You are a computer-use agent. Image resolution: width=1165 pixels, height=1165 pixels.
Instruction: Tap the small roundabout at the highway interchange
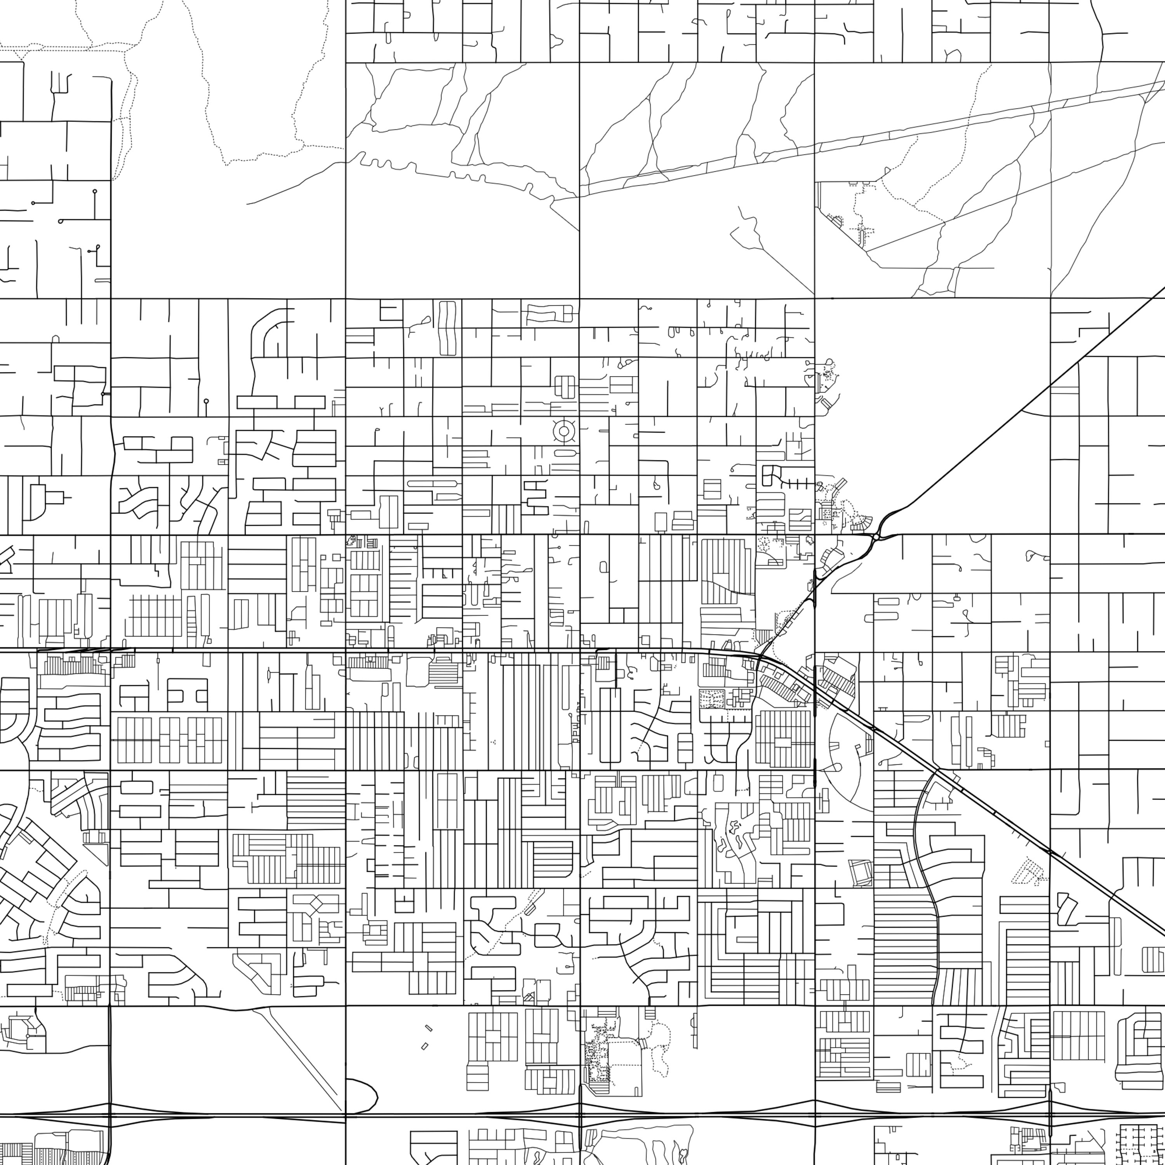point(876,536)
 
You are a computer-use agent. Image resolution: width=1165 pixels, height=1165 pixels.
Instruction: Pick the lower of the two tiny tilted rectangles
point(424,1046)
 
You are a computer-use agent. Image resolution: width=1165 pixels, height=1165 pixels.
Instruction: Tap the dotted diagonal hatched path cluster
point(1029,871)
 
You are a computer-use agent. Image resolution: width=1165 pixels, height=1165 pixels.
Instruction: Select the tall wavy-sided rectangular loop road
point(448,328)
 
